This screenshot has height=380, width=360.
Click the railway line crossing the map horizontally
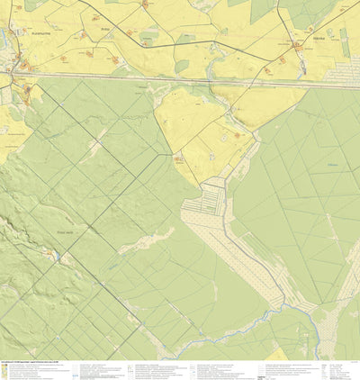tap(180, 81)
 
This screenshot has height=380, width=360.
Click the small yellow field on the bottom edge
tap(281, 355)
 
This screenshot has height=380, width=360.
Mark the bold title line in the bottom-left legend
tap(36, 364)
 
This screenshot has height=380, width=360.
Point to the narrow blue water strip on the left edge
tap(3, 41)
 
